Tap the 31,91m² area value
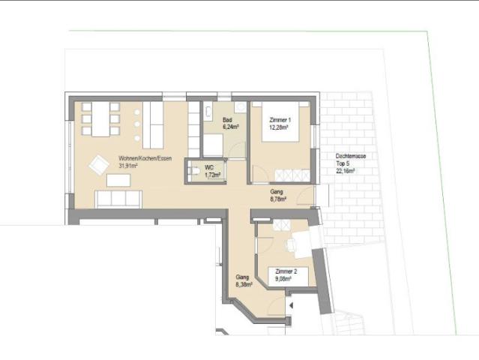129,166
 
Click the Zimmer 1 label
279,119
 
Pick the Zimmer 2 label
286,271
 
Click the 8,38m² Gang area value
244,284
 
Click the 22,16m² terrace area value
346,171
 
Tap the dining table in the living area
100,118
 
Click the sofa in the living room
118,199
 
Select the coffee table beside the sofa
118,180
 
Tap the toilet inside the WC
194,172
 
